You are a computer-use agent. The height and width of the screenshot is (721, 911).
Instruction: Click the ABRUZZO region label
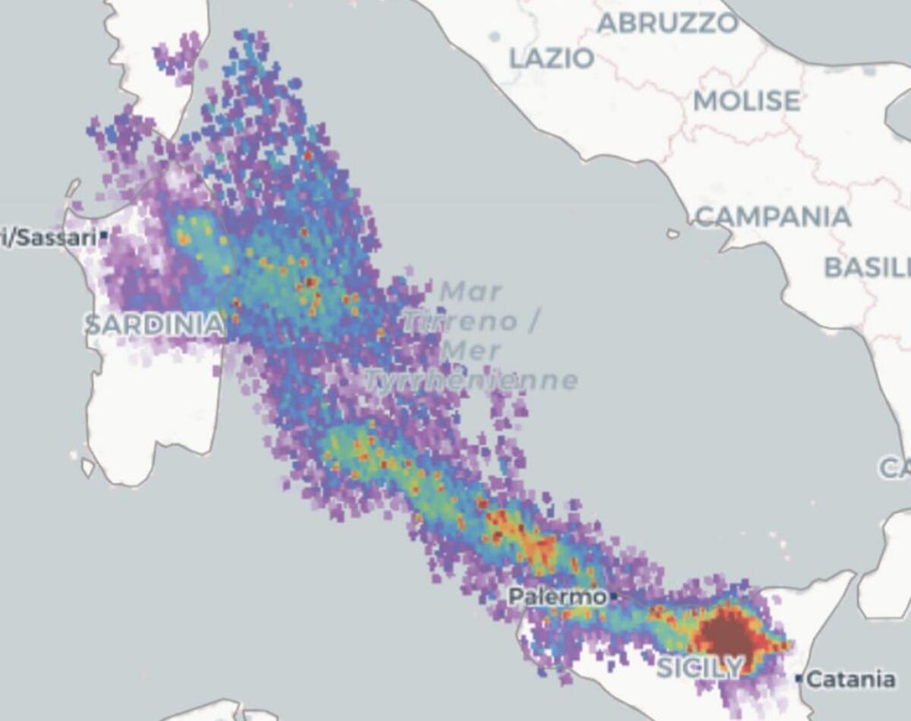[x=667, y=24]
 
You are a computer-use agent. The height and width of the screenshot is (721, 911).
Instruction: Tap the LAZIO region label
[x=551, y=59]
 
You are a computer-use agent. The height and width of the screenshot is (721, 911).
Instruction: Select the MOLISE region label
[x=746, y=101]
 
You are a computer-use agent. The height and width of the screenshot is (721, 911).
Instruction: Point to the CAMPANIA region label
[x=773, y=217]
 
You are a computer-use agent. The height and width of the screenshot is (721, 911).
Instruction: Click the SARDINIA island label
[x=154, y=325]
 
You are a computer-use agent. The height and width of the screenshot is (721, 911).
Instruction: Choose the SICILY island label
[x=699, y=668]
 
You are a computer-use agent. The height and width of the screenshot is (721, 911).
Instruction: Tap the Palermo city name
[x=557, y=597]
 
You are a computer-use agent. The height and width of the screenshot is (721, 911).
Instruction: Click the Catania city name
[x=850, y=678]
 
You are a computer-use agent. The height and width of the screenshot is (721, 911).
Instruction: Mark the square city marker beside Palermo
[x=614, y=597]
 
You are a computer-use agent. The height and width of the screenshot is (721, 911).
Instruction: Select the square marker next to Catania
[x=799, y=678]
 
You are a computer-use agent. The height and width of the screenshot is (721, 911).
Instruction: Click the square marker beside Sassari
[x=103, y=237]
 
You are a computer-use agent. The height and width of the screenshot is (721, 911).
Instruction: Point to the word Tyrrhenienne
[x=471, y=380]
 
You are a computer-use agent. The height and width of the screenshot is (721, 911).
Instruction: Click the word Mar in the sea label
[x=471, y=291]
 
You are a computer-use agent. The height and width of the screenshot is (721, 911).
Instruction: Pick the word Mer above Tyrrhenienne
[x=471, y=351]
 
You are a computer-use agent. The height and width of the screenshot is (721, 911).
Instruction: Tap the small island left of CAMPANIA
[x=673, y=234]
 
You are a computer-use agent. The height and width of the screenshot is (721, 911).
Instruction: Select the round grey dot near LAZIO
[x=495, y=36]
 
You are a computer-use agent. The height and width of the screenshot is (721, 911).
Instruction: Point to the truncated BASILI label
[x=867, y=267]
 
